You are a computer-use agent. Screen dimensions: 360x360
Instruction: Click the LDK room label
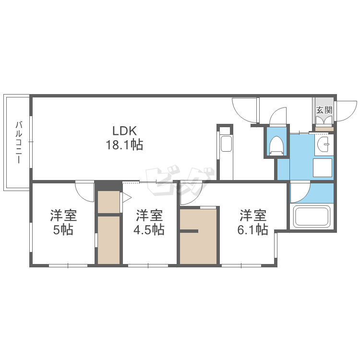tap(125, 131)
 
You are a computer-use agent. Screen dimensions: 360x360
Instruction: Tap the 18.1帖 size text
tap(124, 145)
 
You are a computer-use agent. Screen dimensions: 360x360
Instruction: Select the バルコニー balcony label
tap(19, 143)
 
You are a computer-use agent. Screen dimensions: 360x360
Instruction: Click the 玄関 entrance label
tap(324, 109)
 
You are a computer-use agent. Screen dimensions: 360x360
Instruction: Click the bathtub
tap(312, 216)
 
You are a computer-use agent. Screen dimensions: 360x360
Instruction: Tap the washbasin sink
tap(324, 142)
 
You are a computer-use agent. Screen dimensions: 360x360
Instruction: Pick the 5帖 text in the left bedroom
tap(63, 230)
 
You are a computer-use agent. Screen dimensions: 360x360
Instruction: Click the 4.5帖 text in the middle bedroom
tap(149, 230)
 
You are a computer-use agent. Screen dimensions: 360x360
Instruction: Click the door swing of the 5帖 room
tap(85, 191)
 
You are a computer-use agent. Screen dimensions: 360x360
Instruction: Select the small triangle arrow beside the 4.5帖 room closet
tap(126, 197)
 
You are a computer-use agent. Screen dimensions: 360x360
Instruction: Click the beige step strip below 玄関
tap(324, 129)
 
